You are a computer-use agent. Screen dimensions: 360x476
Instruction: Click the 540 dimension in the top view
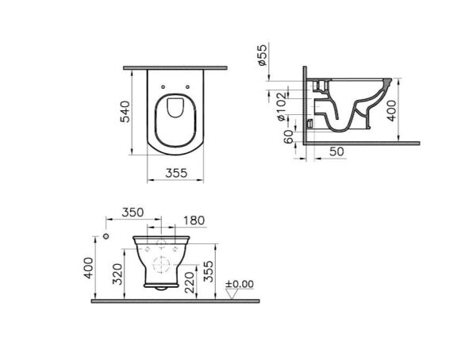point(124,110)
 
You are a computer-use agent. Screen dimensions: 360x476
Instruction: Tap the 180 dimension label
point(192,220)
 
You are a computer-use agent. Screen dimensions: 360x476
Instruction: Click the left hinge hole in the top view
point(163,87)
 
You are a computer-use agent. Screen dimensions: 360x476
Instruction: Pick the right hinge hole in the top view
point(188,87)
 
